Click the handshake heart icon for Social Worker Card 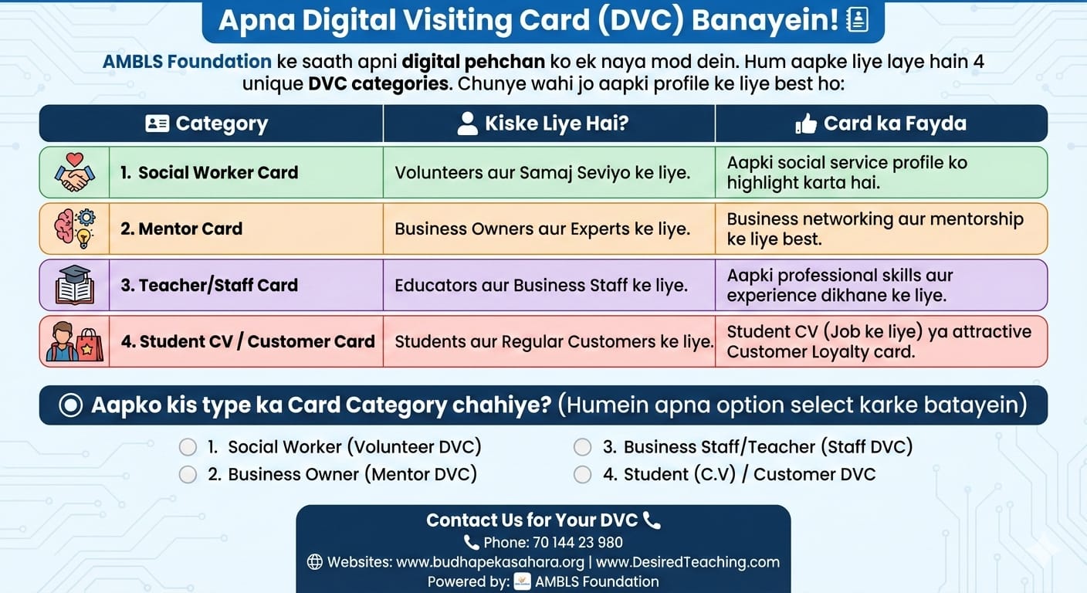coord(75,172)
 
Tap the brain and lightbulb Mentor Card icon coord(75,229)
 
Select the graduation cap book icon coord(75,285)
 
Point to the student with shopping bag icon coord(75,341)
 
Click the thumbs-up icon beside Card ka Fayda coord(805,124)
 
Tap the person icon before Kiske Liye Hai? coord(467,124)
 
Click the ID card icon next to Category coord(157,124)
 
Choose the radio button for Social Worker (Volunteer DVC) coord(188,447)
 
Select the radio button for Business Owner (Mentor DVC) coord(188,475)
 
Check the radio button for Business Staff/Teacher coord(582,447)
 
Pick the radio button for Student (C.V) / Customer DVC coord(582,475)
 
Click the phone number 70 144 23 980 coord(577,543)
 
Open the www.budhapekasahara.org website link coord(490,562)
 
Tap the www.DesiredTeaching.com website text coord(688,562)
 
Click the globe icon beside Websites coord(314,562)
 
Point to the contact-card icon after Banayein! coord(858,20)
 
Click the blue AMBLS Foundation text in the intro coord(187,62)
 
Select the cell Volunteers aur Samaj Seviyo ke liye coord(543,173)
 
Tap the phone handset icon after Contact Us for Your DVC coord(652,520)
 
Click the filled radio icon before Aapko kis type coord(71,405)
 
